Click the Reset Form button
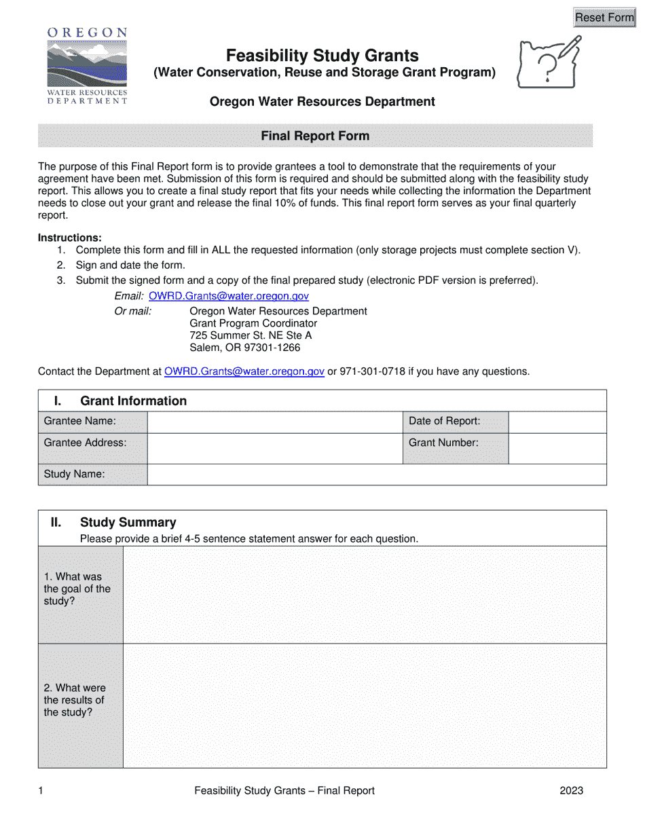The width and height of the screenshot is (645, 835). pos(604,18)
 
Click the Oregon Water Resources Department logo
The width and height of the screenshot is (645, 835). pos(87,66)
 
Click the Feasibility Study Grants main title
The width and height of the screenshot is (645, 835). pos(322,56)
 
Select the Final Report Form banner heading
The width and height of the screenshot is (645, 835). pos(315,136)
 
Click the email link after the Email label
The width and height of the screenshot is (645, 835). pos(229,296)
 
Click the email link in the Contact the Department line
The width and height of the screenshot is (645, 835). pos(244,371)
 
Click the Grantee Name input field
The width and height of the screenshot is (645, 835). pos(275,422)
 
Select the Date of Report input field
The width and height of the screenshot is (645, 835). pos(557,422)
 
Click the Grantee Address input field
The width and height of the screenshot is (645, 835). pos(275,448)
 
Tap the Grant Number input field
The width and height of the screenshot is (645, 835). pos(557,448)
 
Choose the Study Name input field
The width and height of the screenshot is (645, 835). pos(376,475)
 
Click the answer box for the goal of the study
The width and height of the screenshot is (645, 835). pos(365,595)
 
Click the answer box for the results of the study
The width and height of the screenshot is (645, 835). pos(365,705)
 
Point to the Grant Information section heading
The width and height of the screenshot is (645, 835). pos(133,401)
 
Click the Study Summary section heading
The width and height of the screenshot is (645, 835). pos(128,522)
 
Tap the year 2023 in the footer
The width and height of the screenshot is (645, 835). pos(571,790)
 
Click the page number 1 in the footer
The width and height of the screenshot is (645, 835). pos(41,790)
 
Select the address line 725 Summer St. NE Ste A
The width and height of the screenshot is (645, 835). pos(251,335)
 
